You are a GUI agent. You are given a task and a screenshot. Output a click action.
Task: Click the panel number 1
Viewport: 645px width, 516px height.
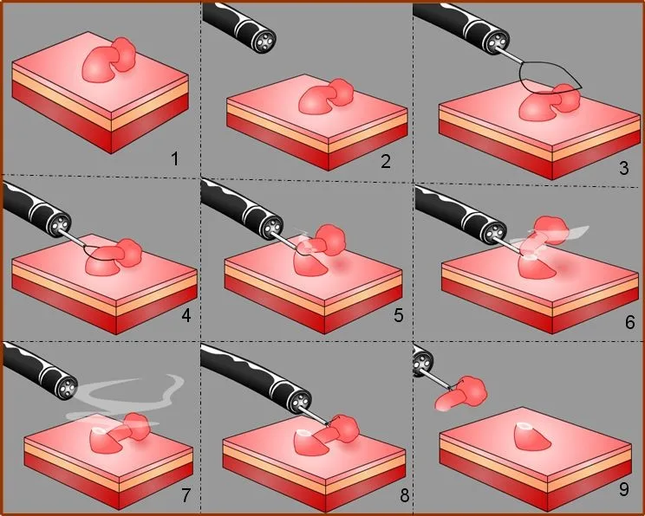point(175,158)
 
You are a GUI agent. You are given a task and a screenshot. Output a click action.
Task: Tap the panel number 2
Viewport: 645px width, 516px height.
point(386,161)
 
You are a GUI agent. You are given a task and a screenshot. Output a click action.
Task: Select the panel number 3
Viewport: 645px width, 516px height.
point(623,168)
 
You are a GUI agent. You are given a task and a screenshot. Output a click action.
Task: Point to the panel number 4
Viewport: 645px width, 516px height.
point(186,315)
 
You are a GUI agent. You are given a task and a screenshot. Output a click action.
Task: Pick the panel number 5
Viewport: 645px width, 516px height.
point(398,315)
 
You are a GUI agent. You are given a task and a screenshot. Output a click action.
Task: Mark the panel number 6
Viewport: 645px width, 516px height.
point(629,322)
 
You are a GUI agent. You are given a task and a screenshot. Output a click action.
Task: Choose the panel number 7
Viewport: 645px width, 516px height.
point(186,495)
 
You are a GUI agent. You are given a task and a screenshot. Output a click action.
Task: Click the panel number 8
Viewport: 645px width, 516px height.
point(404,495)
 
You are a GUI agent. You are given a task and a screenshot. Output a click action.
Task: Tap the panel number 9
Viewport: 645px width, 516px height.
point(623,489)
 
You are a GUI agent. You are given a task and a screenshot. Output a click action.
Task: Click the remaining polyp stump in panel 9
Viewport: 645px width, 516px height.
point(532,436)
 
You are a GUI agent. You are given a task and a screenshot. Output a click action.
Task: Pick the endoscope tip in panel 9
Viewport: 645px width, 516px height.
point(421,363)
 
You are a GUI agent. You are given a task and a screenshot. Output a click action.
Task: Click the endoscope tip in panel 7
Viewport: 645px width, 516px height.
point(67,387)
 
